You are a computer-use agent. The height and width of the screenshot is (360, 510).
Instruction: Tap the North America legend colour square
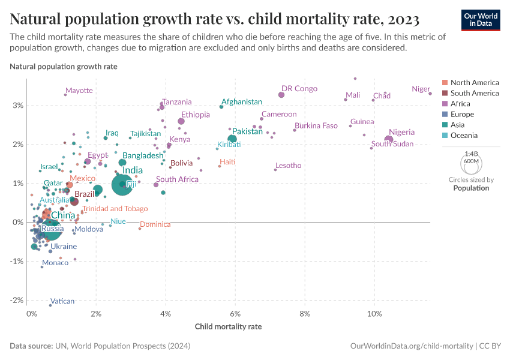[x=445, y=82]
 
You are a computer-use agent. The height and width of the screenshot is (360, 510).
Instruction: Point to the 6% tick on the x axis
[x=235, y=313]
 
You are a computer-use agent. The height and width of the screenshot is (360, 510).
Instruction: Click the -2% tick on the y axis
[x=16, y=300]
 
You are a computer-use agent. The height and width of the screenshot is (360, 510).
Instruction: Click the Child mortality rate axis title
[x=229, y=327]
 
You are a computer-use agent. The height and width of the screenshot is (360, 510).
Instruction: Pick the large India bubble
[x=122, y=184]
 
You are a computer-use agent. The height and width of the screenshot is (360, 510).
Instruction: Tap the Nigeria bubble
[x=389, y=140]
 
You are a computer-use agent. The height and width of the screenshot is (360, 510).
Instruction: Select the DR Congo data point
[x=281, y=95]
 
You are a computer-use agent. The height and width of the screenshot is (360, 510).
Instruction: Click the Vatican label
[x=62, y=301]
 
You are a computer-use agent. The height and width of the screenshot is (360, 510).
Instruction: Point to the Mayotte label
[x=79, y=91]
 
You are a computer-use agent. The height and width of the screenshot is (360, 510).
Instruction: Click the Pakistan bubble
[x=232, y=139]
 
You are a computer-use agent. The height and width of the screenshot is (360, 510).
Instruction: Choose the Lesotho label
[x=288, y=166]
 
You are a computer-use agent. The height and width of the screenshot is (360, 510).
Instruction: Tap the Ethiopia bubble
[x=181, y=121]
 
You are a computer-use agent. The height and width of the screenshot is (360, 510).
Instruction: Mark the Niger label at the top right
[x=421, y=89]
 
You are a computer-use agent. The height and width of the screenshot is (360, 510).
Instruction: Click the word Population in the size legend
[x=471, y=188]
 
